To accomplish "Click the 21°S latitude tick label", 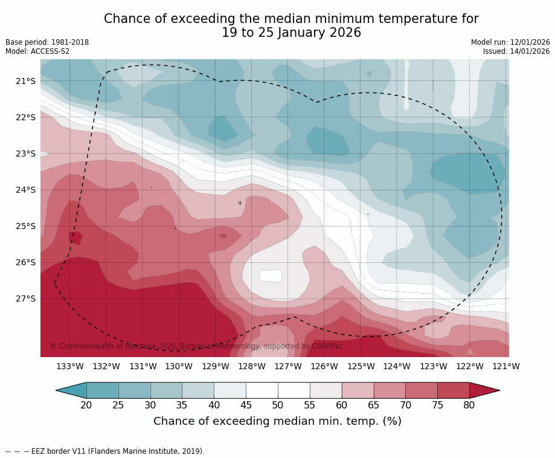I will point(25,81).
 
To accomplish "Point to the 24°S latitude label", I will point(25,190).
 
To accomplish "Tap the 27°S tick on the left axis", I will point(25,298).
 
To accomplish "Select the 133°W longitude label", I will point(70,366).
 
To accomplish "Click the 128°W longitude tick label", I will point(252,366).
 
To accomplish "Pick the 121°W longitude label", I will point(506,366).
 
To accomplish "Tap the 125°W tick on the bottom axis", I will point(361,366).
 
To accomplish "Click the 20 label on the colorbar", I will point(86,405).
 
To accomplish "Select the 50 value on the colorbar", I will point(278,405).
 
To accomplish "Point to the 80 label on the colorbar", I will point(469,405).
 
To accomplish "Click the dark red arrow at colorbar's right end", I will point(483,390).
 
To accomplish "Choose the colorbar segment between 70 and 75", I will point(422,390).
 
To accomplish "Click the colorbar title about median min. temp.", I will point(277,421).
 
